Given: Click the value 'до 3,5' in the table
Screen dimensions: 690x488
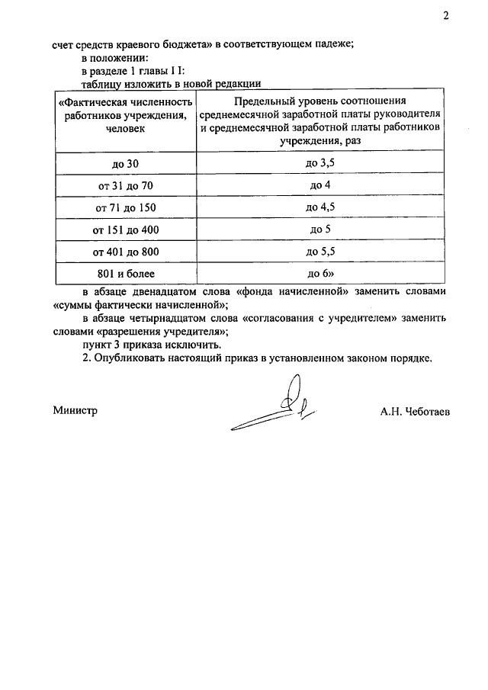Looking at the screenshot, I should click(320, 164).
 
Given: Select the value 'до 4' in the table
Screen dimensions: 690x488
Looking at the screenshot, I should click(320, 185).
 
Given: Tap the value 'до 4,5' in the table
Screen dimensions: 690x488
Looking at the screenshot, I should click(320, 207).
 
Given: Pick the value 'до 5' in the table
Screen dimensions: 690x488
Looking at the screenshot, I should click(320, 229).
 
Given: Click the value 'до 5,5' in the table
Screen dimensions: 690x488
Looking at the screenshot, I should click(320, 251).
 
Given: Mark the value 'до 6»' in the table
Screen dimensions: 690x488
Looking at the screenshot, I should click(320, 272).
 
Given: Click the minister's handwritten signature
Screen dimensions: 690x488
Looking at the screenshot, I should click(278, 408).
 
